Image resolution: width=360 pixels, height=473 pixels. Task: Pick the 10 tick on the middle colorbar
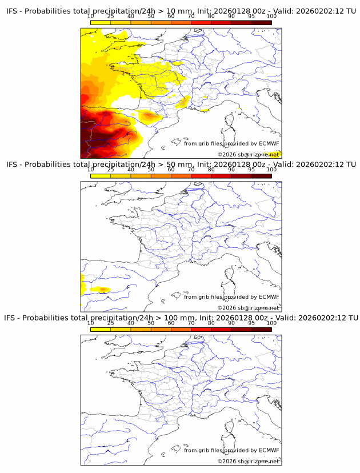coord(90,170)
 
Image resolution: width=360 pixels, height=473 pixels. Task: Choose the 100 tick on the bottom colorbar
coord(271,323)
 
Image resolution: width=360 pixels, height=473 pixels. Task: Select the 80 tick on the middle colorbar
coord(211,170)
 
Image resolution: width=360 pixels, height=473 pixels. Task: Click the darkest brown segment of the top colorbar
coord(261,23)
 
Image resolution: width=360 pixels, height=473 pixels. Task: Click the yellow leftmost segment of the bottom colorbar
coord(100,329)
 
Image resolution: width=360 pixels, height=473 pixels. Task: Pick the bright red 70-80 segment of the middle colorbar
coord(201,176)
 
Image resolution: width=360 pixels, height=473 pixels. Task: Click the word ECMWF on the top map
coord(269,143)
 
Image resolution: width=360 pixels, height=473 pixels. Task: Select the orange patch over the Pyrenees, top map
coord(150,117)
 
